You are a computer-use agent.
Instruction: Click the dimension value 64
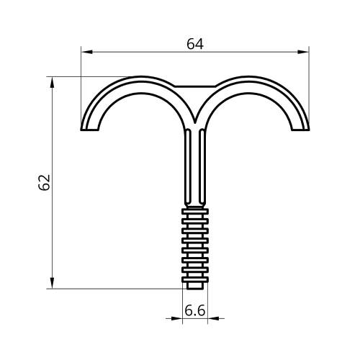tap(195, 44)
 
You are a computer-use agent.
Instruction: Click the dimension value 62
tap(45, 182)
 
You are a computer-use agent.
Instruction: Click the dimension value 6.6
tap(195, 310)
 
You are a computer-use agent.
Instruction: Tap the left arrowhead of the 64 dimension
tap(87, 52)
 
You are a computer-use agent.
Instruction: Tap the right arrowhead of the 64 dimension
tap(303, 52)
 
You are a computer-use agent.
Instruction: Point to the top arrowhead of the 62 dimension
tap(53, 83)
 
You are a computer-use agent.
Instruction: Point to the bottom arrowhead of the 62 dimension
tap(53, 283)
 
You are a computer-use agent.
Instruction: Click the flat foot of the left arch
tap(89, 129)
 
